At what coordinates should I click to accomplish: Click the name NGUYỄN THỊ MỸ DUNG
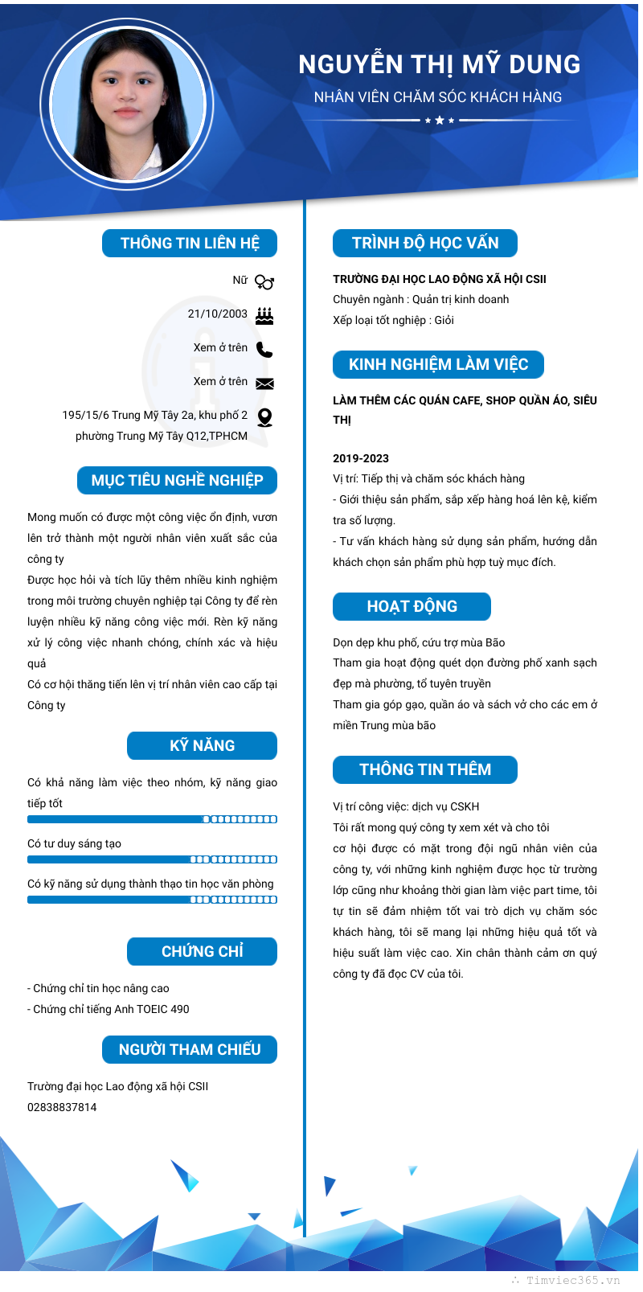tap(439, 64)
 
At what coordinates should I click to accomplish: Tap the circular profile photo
tap(128, 104)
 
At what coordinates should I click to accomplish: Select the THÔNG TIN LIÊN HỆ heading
tap(190, 243)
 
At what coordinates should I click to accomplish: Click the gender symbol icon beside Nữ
tap(264, 281)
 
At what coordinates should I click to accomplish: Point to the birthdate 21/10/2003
tap(218, 314)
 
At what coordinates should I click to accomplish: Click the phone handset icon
tap(264, 349)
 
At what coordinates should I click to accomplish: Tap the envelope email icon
tap(264, 383)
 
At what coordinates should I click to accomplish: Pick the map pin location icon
tap(264, 416)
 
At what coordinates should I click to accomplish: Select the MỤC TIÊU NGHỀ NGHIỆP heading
tap(177, 480)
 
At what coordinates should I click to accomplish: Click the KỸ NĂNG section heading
tap(202, 745)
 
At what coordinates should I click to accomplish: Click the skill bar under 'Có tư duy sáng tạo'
tap(152, 859)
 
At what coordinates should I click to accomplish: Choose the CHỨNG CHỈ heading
tap(202, 951)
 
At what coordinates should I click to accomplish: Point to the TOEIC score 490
tap(179, 1009)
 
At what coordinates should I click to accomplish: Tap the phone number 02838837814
tap(62, 1107)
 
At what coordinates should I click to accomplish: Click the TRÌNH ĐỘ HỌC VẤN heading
tap(424, 243)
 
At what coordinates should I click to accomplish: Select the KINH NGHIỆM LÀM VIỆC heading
tap(438, 364)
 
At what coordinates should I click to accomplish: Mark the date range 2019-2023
tap(361, 458)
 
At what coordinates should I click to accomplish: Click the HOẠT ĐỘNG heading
tap(412, 606)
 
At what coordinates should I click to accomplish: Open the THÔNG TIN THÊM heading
tap(424, 769)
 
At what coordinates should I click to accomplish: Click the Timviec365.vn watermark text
tap(572, 1280)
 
